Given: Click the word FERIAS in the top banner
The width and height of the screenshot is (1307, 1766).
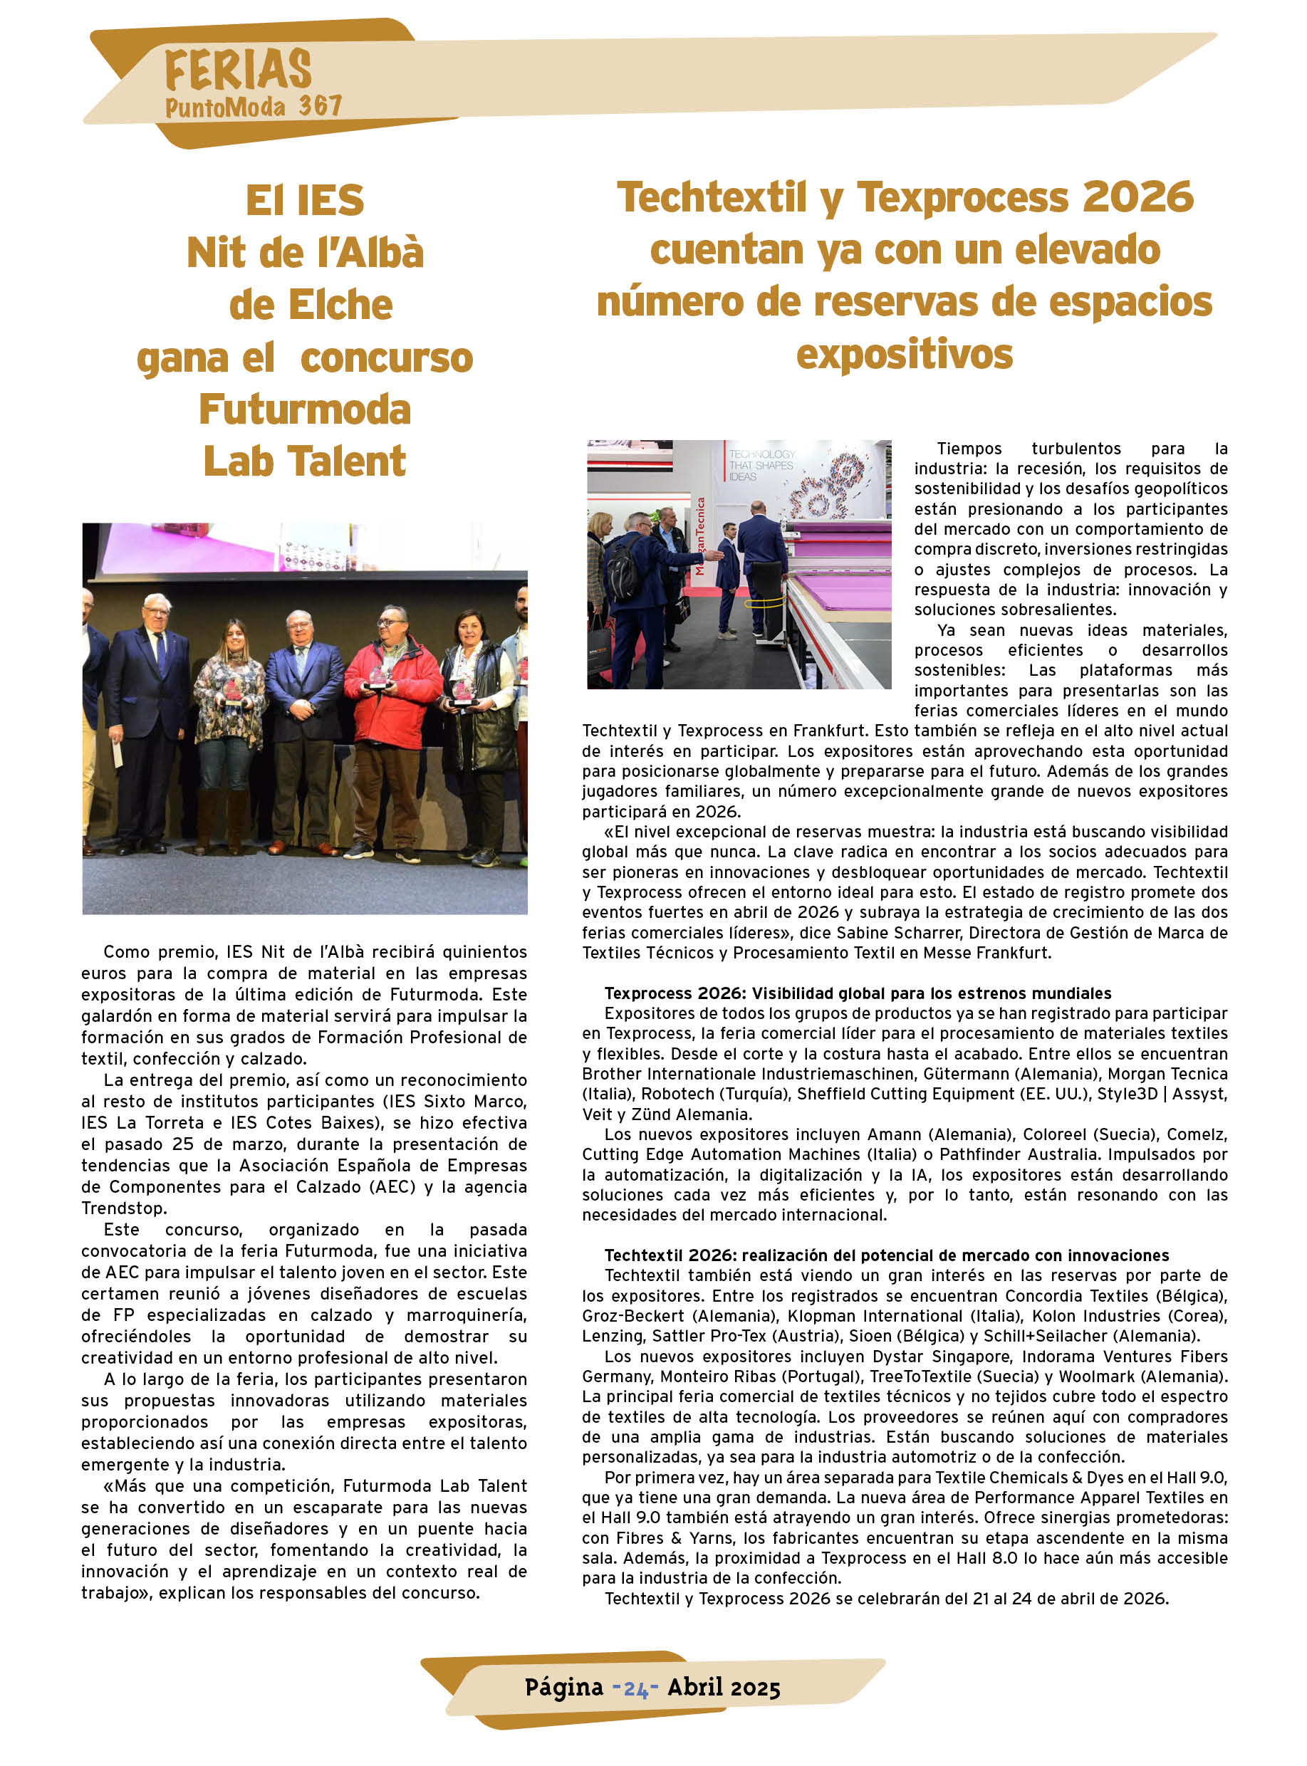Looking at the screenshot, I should pyautogui.click(x=238, y=70).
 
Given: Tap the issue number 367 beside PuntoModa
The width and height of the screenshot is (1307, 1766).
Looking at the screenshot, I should pyautogui.click(x=321, y=106).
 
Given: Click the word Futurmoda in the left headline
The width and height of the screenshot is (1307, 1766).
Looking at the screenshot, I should pyautogui.click(x=305, y=409).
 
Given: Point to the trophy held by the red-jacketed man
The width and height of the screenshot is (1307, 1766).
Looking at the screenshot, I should pyautogui.click(x=380, y=676).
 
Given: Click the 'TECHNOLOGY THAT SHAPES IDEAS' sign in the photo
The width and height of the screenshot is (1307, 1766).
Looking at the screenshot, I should pyautogui.click(x=761, y=465).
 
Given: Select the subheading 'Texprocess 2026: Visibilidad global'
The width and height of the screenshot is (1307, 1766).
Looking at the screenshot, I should pyautogui.click(x=858, y=993).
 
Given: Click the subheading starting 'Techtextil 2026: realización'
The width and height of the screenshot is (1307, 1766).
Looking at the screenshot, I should pyautogui.click(x=886, y=1255).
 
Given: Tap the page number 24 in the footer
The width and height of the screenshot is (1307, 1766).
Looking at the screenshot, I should pyautogui.click(x=635, y=1688).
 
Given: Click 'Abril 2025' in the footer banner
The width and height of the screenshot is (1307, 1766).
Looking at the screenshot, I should pyautogui.click(x=723, y=1688).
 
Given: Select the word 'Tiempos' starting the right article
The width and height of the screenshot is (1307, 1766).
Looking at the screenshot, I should pyautogui.click(x=969, y=449).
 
